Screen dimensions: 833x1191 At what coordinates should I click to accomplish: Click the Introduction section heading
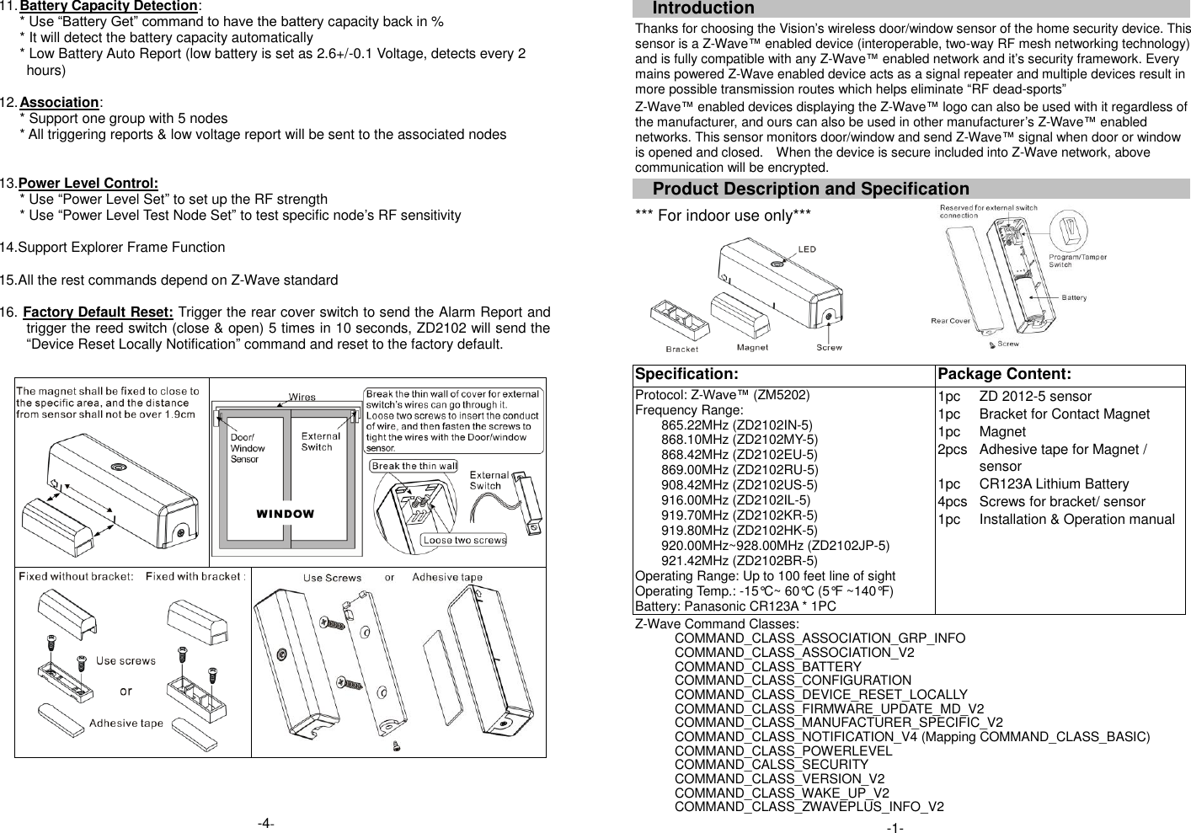click(703, 8)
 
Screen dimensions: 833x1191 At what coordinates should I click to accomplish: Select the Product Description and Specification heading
click(810, 189)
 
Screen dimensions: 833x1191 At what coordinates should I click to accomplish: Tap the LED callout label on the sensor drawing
click(806, 249)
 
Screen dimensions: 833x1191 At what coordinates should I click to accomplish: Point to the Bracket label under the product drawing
click(681, 349)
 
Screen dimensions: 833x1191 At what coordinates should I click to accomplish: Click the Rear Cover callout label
click(950, 321)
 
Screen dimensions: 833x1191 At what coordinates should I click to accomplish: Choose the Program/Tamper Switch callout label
click(1077, 260)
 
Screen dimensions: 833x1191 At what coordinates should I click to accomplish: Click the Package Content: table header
click(1004, 374)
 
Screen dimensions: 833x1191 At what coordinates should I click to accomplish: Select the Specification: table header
click(686, 374)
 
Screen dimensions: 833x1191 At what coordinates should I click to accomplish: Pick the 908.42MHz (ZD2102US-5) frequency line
click(739, 485)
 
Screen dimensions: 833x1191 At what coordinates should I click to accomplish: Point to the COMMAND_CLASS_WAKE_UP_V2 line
click(781, 793)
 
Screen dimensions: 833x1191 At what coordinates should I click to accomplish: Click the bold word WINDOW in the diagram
click(286, 514)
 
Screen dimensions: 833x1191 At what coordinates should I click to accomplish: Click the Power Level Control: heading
click(88, 184)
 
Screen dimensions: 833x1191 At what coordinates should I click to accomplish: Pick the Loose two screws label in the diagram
click(464, 540)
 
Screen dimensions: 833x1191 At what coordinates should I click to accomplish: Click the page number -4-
click(266, 823)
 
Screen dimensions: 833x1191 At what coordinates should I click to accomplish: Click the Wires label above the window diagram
click(302, 397)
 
